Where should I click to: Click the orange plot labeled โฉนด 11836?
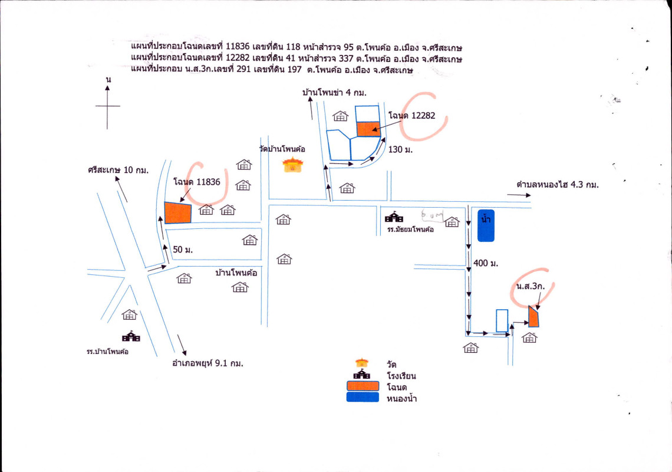pos(178,213)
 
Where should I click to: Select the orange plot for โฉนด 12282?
pos(368,129)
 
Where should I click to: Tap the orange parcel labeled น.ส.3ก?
pos(533,317)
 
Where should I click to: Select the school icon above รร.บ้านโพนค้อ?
pos(131,336)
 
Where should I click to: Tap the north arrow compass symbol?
pos(107,106)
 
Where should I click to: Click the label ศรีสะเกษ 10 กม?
pos(118,170)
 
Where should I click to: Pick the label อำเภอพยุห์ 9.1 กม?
pos(207,363)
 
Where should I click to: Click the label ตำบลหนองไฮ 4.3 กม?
pos(557,185)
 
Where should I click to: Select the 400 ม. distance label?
pos(486,264)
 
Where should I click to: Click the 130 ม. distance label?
pos(400,150)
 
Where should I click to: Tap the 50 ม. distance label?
pos(183,250)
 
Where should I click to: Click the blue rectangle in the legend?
pos(363,397)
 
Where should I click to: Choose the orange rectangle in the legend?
pos(363,386)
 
